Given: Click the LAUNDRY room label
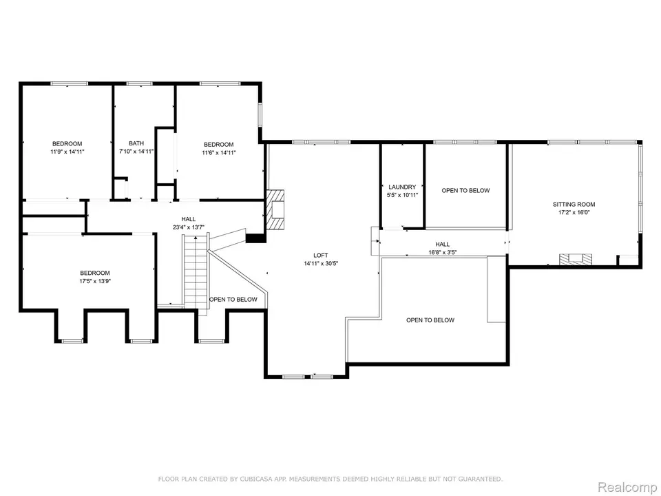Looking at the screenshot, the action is pyautogui.click(x=402, y=187).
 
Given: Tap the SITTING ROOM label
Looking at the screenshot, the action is pyautogui.click(x=574, y=205).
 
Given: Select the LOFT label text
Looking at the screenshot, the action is pyautogui.click(x=321, y=255).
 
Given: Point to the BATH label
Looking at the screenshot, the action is pyautogui.click(x=136, y=143).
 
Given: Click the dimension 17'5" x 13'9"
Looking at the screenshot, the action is pyautogui.click(x=95, y=281).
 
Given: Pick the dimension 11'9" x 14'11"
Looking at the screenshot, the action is pyautogui.click(x=67, y=152).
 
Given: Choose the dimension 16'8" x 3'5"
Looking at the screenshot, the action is pyautogui.click(x=443, y=252).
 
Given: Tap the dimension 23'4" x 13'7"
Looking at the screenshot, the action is pyautogui.click(x=189, y=227).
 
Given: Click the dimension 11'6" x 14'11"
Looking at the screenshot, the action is pyautogui.click(x=219, y=152).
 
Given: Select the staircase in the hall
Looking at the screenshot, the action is pyautogui.click(x=196, y=272).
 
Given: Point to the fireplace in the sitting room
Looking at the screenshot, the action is pyautogui.click(x=576, y=259).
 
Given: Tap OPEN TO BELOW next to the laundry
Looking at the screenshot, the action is pyautogui.click(x=466, y=191).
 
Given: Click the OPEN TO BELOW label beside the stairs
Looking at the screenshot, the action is pyautogui.click(x=233, y=300).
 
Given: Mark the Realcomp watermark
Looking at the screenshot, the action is pyautogui.click(x=627, y=487).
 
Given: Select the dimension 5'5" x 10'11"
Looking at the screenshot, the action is pyautogui.click(x=402, y=195).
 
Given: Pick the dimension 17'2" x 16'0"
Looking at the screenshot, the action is pyautogui.click(x=574, y=213).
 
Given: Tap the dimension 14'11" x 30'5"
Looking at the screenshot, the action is pyautogui.click(x=321, y=263).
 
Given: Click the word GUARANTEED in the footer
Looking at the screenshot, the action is pyautogui.click(x=481, y=479).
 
